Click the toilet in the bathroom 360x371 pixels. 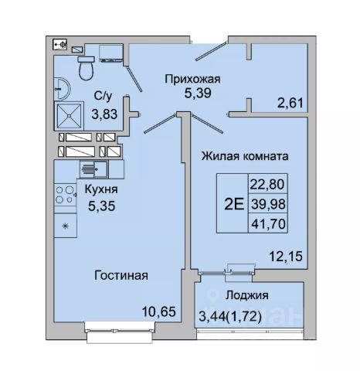[86, 68]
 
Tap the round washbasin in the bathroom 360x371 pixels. [62, 89]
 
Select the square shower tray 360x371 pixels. [69, 116]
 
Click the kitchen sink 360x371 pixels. [93, 169]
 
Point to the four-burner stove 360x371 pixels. [65, 195]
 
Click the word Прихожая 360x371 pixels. [192, 79]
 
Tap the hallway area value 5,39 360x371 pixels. [198, 93]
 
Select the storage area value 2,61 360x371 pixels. [290, 103]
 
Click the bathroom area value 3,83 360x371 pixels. [104, 114]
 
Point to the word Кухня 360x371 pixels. [101, 189]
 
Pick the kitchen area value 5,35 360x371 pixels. [101, 206]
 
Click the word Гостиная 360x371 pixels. [121, 275]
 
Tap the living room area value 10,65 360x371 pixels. [159, 311]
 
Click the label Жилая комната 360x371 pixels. [245, 156]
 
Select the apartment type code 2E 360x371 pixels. [234, 204]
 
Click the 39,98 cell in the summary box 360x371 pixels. [268, 204]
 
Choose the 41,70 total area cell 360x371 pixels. [268, 223]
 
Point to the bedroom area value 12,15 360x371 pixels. [286, 257]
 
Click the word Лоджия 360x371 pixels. [246, 295]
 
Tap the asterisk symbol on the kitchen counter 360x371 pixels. [66, 226]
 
